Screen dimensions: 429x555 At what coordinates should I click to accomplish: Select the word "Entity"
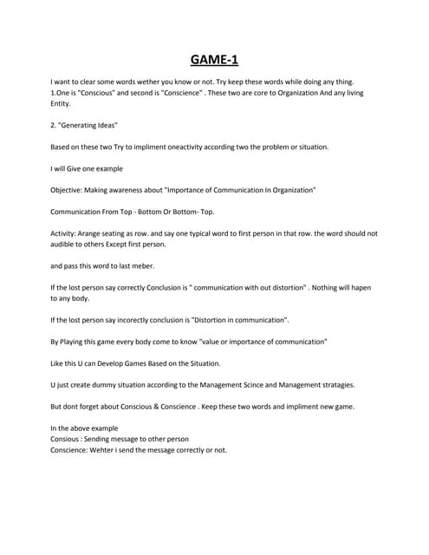[x=62, y=102]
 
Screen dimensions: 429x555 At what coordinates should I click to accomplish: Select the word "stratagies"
[x=334, y=385]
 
